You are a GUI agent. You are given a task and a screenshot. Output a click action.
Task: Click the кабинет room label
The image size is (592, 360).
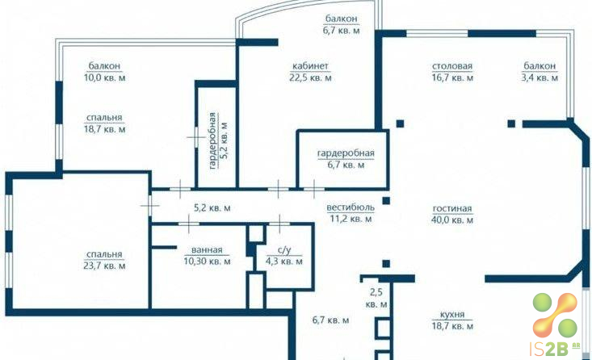310,66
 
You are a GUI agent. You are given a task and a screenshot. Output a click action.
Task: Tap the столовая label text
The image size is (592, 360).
452,66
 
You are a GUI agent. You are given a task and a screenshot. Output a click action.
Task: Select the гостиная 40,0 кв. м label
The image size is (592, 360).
452,214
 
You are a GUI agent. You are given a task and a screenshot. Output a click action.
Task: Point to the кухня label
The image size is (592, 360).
452,314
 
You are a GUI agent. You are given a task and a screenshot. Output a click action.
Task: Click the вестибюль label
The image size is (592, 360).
351,207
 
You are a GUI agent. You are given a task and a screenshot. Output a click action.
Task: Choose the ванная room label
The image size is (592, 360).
207,249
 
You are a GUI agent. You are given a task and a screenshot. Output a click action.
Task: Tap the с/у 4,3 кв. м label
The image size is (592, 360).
284,256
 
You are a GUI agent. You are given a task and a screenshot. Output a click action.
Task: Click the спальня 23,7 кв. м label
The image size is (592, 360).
104,260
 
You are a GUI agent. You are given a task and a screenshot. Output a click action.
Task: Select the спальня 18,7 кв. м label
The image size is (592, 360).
104,123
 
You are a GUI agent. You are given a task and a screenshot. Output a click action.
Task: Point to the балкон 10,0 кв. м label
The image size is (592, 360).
104,72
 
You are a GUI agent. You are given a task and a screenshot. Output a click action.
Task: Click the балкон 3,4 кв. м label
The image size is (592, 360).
540,72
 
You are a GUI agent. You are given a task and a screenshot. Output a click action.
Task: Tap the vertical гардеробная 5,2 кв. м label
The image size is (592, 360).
218,140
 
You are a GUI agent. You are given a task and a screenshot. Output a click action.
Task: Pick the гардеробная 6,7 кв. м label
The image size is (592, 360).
346,159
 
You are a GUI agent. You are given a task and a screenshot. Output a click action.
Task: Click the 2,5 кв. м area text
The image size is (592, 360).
376,298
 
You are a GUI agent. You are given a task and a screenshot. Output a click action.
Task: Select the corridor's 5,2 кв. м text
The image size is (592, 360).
212,208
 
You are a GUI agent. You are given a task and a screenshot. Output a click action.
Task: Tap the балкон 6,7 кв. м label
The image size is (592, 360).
342,24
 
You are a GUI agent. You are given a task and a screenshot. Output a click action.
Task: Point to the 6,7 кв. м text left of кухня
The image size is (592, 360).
331,320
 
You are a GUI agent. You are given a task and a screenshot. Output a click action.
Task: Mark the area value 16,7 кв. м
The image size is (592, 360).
452,78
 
